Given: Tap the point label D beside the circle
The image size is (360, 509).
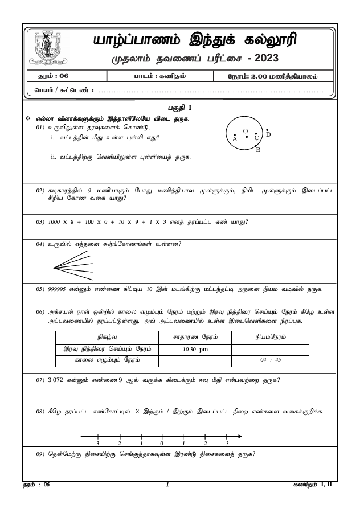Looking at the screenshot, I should pyautogui.click(x=268, y=134).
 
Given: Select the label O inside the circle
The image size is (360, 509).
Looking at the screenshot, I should pyautogui.click(x=245, y=131).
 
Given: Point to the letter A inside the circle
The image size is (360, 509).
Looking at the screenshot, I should pyautogui.click(x=235, y=139).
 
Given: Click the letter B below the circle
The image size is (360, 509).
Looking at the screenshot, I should pyautogui.click(x=258, y=150).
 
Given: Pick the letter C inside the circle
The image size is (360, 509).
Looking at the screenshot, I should pyautogui.click(x=257, y=138).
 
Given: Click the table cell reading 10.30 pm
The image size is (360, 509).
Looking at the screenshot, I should pyautogui.click(x=195, y=349).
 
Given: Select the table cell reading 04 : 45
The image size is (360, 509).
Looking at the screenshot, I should pyautogui.click(x=271, y=360).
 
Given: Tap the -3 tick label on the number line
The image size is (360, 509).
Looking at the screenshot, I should pyautogui.click(x=97, y=443).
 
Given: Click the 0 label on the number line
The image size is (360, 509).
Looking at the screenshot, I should pyautogui.click(x=162, y=443).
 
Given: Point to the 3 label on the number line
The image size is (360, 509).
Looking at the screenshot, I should pyautogui.click(x=227, y=443).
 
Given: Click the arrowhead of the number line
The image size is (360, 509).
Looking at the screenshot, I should pyautogui.click(x=240, y=437).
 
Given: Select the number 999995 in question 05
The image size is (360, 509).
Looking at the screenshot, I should pyautogui.click(x=62, y=289).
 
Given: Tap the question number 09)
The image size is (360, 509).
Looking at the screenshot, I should pyautogui.click(x=40, y=454).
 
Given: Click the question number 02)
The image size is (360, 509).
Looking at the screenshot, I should pyautogui.click(x=40, y=190).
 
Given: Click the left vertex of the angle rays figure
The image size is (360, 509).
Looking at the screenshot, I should pyautogui.click(x=54, y=267).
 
